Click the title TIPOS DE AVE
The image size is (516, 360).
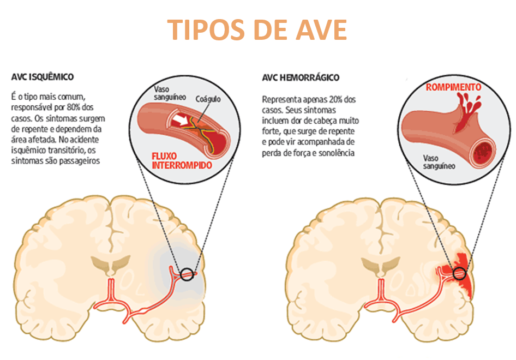pos(257,29)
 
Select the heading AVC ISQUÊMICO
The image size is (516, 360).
pos(43,77)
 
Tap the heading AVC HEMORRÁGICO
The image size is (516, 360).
pos(301,77)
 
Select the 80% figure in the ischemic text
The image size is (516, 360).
pos(79,107)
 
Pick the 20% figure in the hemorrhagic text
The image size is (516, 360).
pos(337,100)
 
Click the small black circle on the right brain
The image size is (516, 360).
pos(460,273)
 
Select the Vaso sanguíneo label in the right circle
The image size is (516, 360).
pos(439,162)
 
